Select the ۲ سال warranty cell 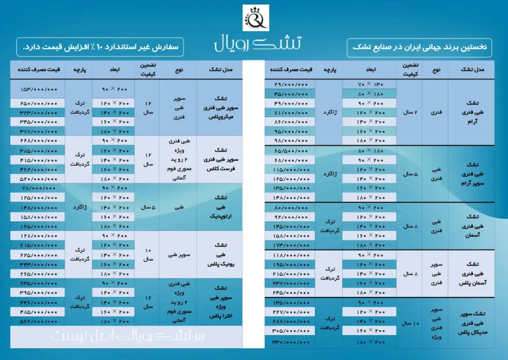coord(409,112)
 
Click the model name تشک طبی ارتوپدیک coord(219,207)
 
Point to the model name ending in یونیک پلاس coord(219,254)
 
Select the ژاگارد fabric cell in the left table coord(80,208)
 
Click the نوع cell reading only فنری coord(435,112)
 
